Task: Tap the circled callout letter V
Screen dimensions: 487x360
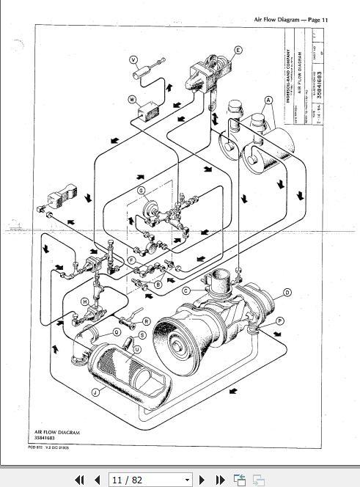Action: (133, 59)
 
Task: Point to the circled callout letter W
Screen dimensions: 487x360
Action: (133, 98)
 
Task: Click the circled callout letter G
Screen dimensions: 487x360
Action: (142, 191)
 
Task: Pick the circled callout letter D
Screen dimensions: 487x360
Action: (287, 293)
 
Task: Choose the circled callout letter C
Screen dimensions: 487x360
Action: (186, 291)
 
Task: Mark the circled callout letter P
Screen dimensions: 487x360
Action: (279, 321)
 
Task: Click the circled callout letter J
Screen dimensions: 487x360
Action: (95, 392)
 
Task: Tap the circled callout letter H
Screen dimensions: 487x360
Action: (85, 301)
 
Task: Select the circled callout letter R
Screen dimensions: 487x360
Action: (146, 321)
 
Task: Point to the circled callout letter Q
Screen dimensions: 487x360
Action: (116, 331)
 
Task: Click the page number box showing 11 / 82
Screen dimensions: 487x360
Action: (150, 480)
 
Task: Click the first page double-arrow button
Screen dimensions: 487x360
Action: (80, 480)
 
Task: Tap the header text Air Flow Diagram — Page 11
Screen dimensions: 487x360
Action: (287, 20)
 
